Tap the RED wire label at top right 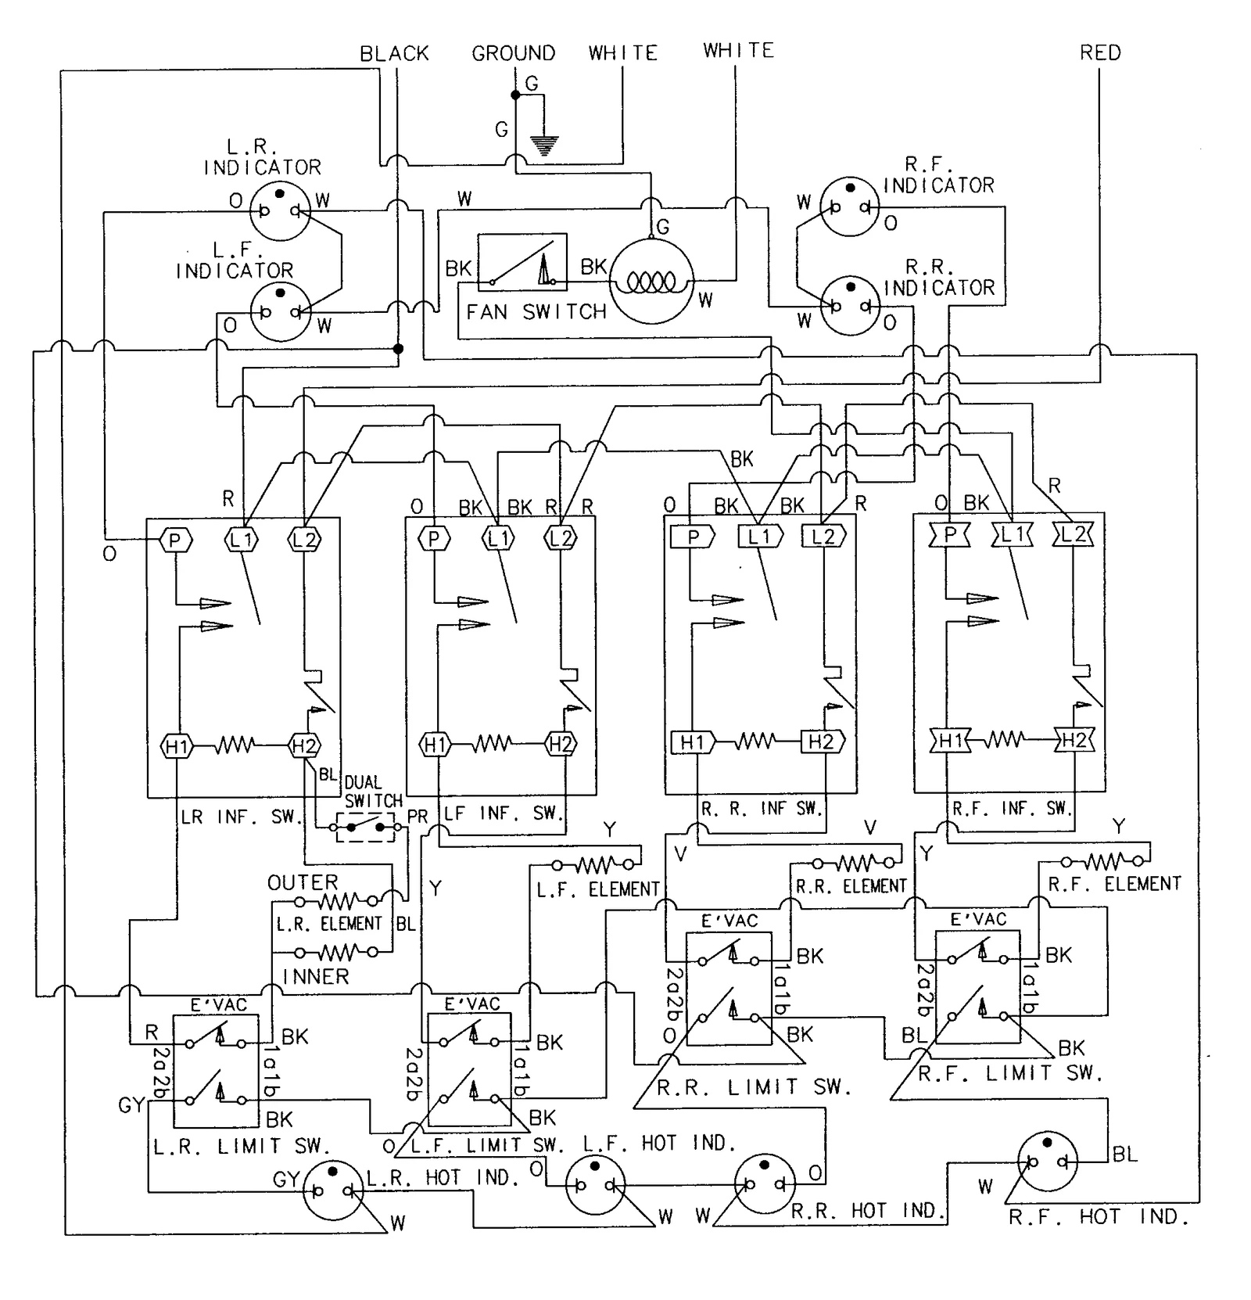point(1099,52)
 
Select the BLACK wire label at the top point(394,53)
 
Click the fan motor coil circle point(651,281)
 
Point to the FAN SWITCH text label point(536,312)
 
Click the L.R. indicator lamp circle point(280,210)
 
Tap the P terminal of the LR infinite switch point(175,540)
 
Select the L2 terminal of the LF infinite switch point(561,538)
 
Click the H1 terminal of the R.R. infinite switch point(693,742)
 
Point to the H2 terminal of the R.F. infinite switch point(1074,740)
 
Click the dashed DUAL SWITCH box point(366,827)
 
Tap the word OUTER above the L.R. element point(303,882)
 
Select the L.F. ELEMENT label point(598,889)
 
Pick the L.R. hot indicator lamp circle point(333,1190)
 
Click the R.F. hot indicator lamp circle point(1047,1162)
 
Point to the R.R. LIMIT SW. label point(754,1087)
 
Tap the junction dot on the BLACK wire point(397,349)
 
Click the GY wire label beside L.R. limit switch point(131,1104)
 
